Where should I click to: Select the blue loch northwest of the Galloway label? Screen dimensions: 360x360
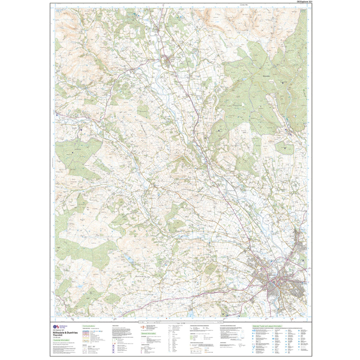(129, 259)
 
